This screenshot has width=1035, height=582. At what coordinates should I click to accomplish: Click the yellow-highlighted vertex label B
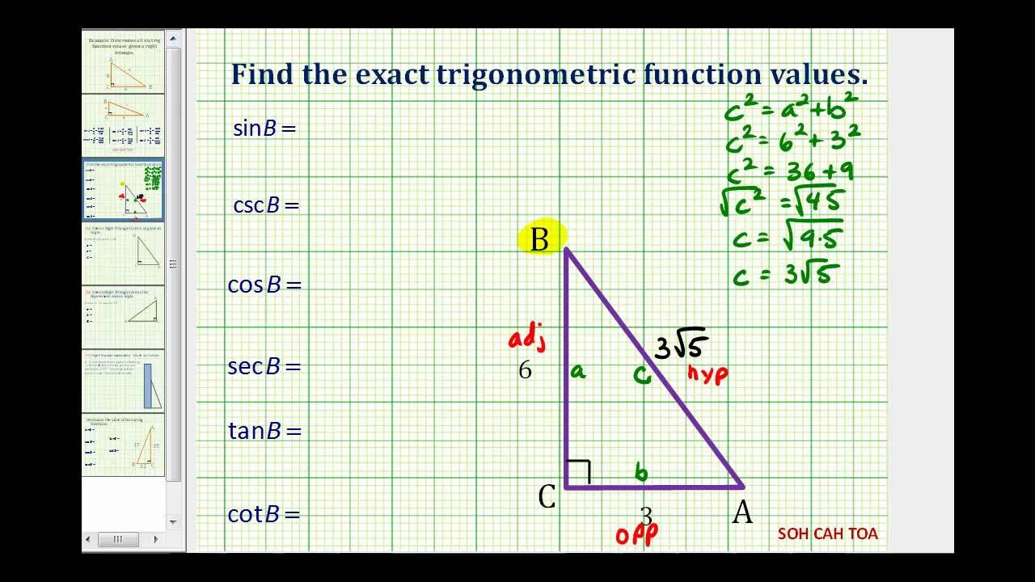pyautogui.click(x=539, y=239)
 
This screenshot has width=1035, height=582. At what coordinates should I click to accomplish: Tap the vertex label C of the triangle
pyautogui.click(x=547, y=496)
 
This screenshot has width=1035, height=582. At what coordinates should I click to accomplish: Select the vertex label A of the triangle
pyautogui.click(x=742, y=512)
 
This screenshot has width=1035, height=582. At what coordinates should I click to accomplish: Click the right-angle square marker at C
pyautogui.click(x=578, y=472)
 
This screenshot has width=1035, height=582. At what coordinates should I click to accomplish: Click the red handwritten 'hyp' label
pyautogui.click(x=708, y=373)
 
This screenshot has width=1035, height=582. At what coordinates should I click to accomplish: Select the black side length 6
pyautogui.click(x=525, y=370)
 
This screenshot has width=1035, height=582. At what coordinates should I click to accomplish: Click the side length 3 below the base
pyautogui.click(x=646, y=515)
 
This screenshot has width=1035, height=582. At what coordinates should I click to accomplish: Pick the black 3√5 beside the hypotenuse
pyautogui.click(x=682, y=345)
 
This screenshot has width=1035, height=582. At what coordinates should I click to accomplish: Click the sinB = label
pyautogui.click(x=264, y=128)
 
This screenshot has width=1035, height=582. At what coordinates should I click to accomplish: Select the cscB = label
pyautogui.click(x=266, y=205)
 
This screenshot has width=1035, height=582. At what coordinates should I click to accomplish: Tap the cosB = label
pyautogui.click(x=264, y=285)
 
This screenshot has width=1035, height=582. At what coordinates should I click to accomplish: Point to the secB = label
pyautogui.click(x=264, y=366)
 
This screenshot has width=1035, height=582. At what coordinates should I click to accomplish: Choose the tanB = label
pyautogui.click(x=264, y=431)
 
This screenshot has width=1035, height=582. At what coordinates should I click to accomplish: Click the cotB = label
pyautogui.click(x=264, y=513)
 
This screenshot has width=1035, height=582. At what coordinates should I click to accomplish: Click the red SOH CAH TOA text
pyautogui.click(x=827, y=533)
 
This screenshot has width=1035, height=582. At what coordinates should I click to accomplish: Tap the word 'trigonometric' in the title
pyautogui.click(x=536, y=75)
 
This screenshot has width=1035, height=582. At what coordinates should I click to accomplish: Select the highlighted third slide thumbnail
pyautogui.click(x=123, y=189)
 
